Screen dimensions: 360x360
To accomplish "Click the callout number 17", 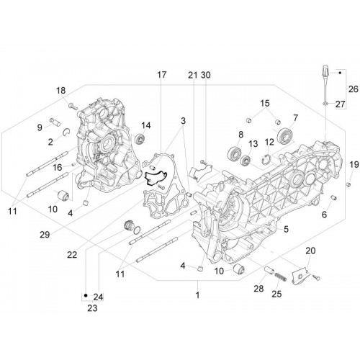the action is click(162, 75).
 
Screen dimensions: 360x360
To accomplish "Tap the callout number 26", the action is click(354, 89).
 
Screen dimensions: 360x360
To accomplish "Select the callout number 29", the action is click(45, 235).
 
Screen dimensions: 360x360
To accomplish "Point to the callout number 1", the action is click(197, 295).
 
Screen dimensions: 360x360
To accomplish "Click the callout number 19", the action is click(286, 230).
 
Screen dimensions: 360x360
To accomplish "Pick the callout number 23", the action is click(92, 308).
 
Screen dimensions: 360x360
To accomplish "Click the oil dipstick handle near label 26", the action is click(325, 71).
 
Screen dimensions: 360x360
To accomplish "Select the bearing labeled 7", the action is click(284, 137).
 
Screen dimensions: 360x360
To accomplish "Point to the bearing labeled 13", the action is click(246, 160).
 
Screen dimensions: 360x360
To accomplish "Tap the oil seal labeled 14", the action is click(140, 140).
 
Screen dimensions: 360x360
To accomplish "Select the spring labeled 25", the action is click(281, 277).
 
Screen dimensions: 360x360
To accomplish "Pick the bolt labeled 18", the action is click(73, 106).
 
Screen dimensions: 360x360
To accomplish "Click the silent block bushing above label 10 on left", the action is click(64, 195).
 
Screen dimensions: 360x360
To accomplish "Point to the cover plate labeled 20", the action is click(300, 276).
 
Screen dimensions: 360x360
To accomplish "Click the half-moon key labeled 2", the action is click(66, 131).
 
